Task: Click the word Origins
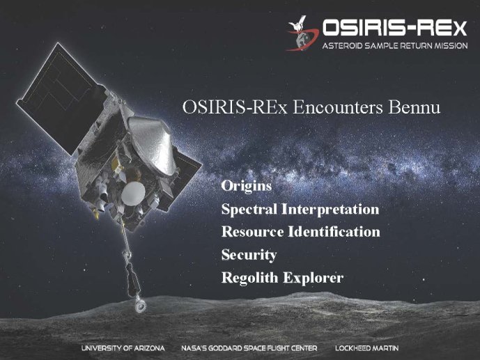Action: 247,187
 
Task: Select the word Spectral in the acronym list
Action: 249,210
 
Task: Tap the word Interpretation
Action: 330,210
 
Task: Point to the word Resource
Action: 252,232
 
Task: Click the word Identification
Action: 334,232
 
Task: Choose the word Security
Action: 249,255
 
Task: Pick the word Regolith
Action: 249,278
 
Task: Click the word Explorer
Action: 313,278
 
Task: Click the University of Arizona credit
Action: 123,348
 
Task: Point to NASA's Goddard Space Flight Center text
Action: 249,348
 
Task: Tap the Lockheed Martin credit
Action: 366,348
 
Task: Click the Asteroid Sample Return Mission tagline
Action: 395,46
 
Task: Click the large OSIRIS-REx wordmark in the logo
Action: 395,28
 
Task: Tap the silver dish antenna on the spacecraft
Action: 151,144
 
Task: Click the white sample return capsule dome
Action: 133,194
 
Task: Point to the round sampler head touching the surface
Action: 141,306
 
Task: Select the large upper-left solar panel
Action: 60,98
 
